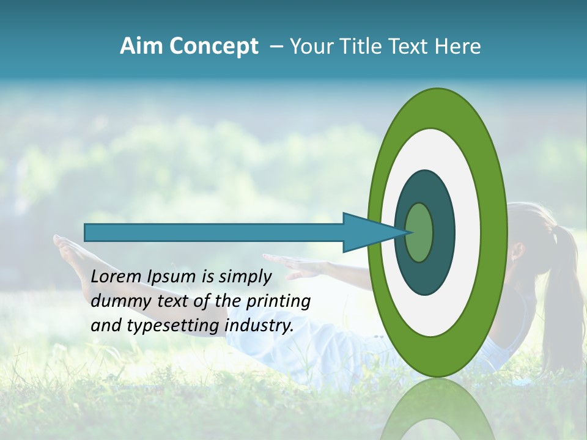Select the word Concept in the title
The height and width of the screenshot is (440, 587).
[x=214, y=46]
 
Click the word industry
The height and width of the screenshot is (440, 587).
[x=259, y=326]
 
